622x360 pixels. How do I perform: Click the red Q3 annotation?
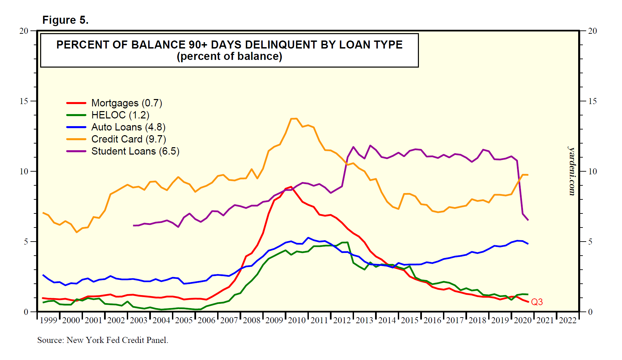point(537,302)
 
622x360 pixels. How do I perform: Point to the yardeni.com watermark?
point(572,171)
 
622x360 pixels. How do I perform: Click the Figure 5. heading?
point(65,20)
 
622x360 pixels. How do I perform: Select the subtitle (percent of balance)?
point(229,56)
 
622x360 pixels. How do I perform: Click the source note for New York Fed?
point(102,340)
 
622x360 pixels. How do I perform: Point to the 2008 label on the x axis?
point(252,321)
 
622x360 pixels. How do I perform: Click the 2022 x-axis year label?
point(568,321)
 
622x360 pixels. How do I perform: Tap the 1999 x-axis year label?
point(49,321)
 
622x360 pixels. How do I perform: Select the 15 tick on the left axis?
point(24,101)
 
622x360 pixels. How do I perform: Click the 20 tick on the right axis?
point(592,31)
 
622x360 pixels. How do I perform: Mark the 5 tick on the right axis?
point(590,242)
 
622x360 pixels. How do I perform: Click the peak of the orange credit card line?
point(294,118)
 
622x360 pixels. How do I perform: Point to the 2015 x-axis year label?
point(410,321)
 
